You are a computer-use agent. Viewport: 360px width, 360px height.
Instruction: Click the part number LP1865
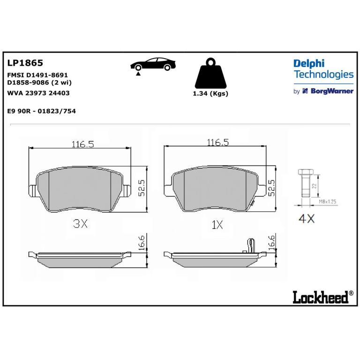(x=25, y=63)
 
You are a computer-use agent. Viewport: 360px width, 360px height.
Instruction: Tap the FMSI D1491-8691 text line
(x=37, y=75)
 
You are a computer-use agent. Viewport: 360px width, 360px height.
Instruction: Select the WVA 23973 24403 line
(x=38, y=93)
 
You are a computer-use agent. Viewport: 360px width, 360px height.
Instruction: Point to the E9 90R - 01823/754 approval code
(x=42, y=111)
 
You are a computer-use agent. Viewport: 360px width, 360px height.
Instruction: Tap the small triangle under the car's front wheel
(x=138, y=74)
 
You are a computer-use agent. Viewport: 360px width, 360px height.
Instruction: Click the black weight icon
(x=210, y=74)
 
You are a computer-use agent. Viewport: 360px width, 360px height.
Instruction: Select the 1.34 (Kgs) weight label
(x=210, y=94)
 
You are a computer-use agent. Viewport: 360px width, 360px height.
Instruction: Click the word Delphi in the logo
(x=309, y=64)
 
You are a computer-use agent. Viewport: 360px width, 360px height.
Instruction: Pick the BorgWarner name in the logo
(x=332, y=91)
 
